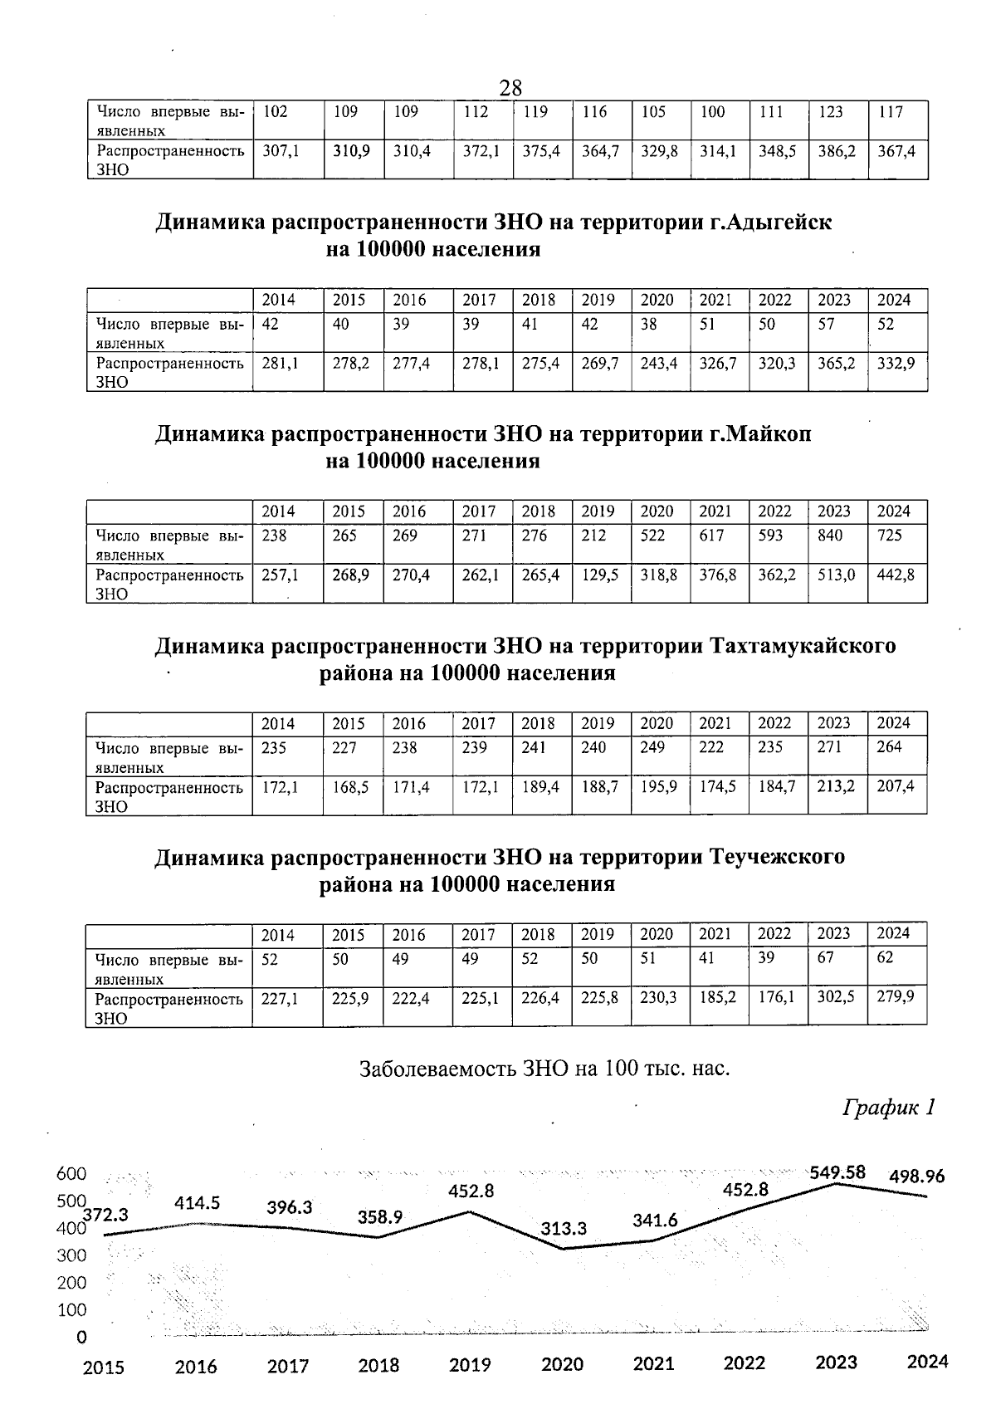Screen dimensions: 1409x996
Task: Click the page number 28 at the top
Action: (x=510, y=87)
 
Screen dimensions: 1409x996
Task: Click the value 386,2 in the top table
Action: (x=837, y=152)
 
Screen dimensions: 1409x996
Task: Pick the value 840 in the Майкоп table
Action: (x=830, y=536)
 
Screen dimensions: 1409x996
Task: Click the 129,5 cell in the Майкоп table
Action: (x=598, y=575)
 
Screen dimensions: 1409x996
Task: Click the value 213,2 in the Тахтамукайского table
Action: (x=836, y=786)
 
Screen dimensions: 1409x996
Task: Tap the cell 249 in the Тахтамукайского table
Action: (x=652, y=747)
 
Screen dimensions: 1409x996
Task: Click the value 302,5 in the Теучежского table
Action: (x=836, y=996)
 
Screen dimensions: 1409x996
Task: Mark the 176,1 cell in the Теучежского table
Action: (x=777, y=996)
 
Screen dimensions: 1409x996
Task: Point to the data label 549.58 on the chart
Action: (x=837, y=1172)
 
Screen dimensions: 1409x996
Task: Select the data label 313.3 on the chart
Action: (x=564, y=1228)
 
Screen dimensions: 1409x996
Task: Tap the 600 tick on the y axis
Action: (x=71, y=1174)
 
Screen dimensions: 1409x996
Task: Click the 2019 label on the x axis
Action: (x=470, y=1364)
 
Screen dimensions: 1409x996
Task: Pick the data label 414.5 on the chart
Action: (x=197, y=1202)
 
